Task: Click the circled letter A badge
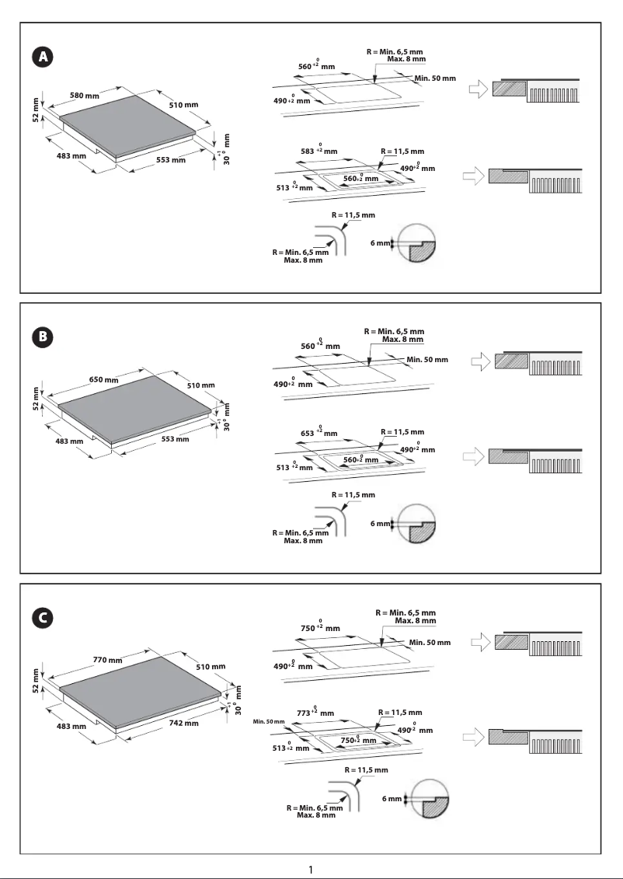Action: (x=44, y=57)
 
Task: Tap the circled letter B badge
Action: (x=44, y=337)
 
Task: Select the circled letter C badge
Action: (x=44, y=618)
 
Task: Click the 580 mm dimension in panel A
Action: (x=85, y=96)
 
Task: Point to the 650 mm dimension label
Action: (x=103, y=380)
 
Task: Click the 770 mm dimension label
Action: (x=108, y=660)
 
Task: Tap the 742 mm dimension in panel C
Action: (x=184, y=723)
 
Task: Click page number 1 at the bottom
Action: (x=311, y=868)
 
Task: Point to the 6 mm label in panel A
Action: (x=380, y=243)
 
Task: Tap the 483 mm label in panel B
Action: (x=71, y=441)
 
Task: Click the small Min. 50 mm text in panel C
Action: (x=269, y=723)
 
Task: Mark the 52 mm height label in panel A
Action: (x=36, y=108)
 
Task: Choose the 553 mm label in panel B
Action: (x=175, y=439)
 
